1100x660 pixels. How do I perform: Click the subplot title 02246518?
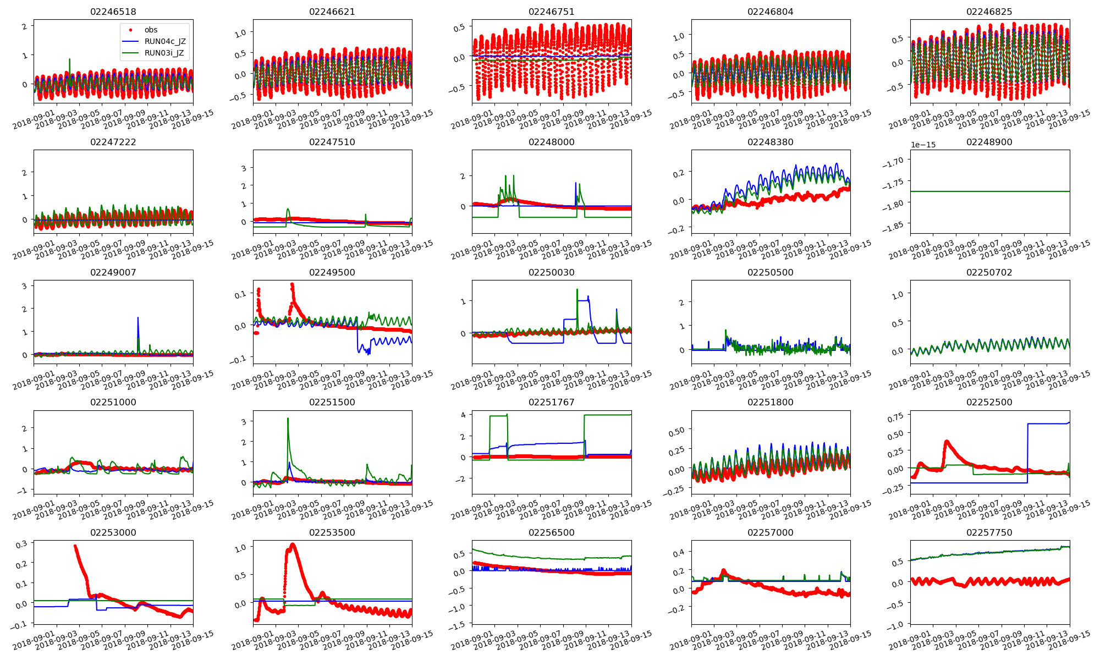tap(113, 12)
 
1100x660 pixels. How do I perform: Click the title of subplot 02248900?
tap(989, 142)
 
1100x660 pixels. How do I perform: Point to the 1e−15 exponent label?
tap(923, 145)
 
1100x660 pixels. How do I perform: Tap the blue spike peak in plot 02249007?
tap(137, 317)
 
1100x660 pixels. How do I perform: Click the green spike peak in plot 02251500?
tap(288, 419)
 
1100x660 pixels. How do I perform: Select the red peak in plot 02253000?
tap(75, 546)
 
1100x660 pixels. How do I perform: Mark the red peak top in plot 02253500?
tap(292, 544)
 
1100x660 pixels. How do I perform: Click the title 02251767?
tap(551, 402)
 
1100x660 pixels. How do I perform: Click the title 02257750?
tap(989, 532)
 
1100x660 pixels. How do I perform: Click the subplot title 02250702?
tap(989, 272)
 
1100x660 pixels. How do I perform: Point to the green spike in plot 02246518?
tap(69, 59)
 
